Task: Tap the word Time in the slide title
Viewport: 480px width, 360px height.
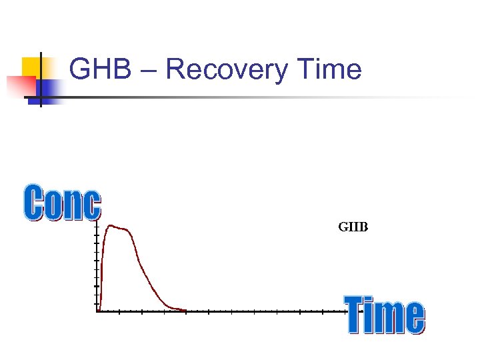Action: pos(329,69)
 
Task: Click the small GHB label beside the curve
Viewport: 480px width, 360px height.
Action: pos(353,227)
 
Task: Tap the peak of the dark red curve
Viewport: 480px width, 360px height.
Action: pos(112,226)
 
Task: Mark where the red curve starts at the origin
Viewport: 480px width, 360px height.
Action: pos(98,310)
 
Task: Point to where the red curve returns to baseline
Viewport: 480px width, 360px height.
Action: pos(183,310)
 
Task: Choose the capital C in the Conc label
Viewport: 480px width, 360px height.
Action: pos(34,203)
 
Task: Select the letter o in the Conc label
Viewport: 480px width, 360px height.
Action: pos(53,206)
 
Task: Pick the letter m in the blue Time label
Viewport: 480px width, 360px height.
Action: pos(389,318)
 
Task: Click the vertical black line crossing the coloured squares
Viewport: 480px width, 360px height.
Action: pos(41,80)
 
